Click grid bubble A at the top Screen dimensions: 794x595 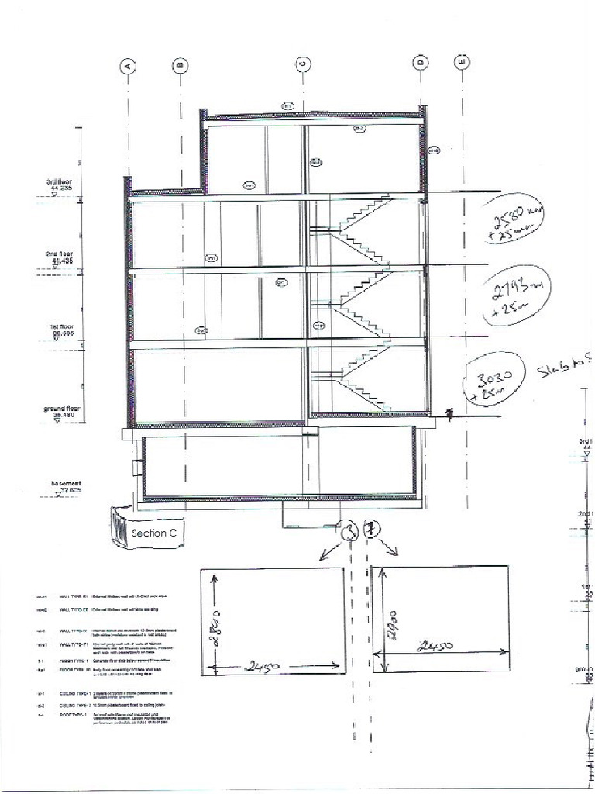click(x=129, y=66)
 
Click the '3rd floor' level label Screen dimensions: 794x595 click(x=60, y=185)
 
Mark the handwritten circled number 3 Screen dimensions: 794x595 click(x=349, y=531)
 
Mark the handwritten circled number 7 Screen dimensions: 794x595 click(x=373, y=530)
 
